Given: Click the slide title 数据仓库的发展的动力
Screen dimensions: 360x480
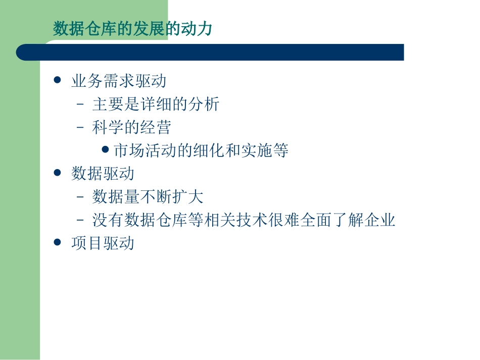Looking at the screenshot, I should [132, 29].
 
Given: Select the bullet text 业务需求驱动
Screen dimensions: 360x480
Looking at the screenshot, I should [119, 81].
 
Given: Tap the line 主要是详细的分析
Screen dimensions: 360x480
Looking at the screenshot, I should [156, 104].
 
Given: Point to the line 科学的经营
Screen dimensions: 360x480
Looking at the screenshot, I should [131, 127].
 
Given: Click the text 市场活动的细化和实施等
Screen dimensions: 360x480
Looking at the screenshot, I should [201, 150].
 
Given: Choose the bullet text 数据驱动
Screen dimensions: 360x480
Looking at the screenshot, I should [103, 174].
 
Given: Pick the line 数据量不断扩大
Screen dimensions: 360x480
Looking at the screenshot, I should [148, 197].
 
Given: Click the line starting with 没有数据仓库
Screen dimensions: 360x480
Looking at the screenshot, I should [244, 220].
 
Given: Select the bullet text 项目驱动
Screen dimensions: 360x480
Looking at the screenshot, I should [103, 243].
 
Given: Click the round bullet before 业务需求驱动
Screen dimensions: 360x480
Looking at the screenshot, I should [57, 80].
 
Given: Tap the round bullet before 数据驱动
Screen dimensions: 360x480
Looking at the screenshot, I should [57, 173].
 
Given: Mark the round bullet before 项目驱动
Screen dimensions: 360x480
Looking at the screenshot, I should [57, 242].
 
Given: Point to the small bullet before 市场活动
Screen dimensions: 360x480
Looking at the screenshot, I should [105, 149].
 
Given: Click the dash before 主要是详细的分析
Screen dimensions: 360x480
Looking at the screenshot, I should [80, 105].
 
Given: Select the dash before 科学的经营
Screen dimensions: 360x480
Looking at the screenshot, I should [80, 128].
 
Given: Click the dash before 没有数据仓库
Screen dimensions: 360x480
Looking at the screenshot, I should [80, 221].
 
